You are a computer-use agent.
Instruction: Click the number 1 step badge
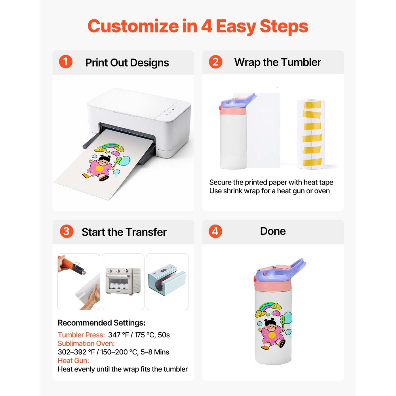point(66,62)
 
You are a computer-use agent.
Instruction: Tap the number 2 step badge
point(215,62)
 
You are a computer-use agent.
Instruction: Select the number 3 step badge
point(67,231)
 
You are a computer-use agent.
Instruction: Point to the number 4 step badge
point(215,231)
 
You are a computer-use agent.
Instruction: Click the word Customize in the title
point(133,26)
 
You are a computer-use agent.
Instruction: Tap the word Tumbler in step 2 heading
point(301,62)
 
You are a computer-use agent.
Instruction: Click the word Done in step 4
point(273,231)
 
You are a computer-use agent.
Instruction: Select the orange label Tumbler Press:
point(81,335)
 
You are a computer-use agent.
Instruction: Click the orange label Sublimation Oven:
point(86,343)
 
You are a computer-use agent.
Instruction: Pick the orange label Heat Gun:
point(73,361)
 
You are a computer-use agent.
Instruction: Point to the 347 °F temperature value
point(118,335)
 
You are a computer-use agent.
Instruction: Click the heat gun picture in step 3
point(79,282)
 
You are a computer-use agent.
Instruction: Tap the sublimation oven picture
point(123,282)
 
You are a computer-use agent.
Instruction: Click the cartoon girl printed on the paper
point(99,168)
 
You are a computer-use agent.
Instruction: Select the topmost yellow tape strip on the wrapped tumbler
point(312,105)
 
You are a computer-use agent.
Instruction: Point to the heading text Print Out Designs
point(127,63)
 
